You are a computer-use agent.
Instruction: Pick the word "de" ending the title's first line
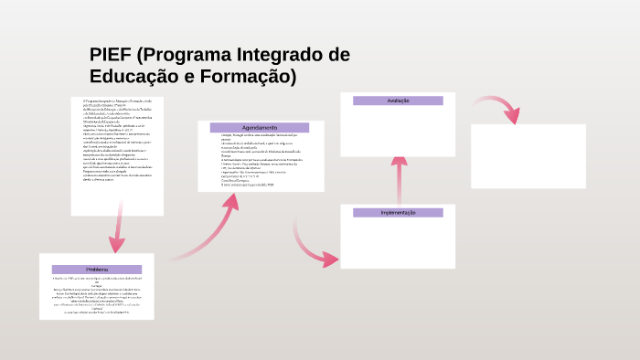coord(338,55)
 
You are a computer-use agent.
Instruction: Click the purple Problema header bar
coord(97,270)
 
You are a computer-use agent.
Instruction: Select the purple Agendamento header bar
coord(260,127)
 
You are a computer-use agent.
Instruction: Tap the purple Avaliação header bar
coord(398,101)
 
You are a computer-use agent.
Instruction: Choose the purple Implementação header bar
coord(398,212)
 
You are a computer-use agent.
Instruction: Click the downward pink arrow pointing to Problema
coord(116,233)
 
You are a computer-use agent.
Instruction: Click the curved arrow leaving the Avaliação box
coord(498,107)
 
